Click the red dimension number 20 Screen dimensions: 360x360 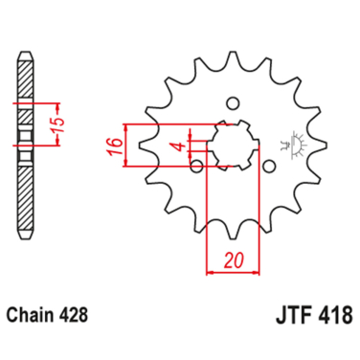point(232,259)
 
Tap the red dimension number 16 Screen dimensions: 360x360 point(113,146)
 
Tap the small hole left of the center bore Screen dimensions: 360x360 point(197,168)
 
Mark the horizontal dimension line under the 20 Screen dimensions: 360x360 point(230,272)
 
